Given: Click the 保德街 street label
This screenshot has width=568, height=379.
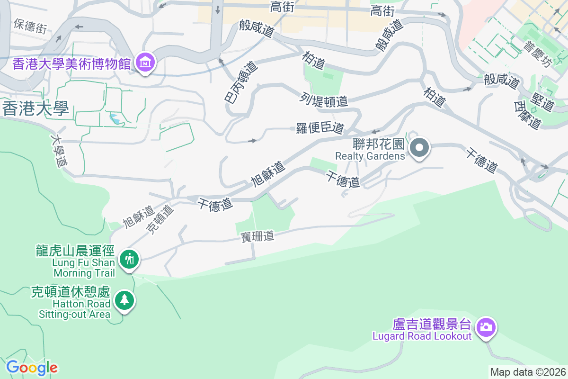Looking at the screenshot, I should [30, 26].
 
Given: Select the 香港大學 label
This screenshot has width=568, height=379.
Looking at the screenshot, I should [35, 108].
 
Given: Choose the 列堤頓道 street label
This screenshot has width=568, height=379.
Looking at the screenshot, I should [324, 100].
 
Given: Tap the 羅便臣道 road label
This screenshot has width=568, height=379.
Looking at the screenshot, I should [320, 128].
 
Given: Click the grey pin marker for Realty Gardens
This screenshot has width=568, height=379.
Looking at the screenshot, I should [419, 148].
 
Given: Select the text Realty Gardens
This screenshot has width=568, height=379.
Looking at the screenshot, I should [370, 156].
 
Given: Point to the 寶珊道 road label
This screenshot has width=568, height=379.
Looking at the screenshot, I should [257, 236].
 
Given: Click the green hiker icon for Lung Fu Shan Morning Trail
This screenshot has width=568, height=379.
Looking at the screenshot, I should [128, 259].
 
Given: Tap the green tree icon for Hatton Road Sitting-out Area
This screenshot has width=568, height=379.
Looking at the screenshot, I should [124, 300].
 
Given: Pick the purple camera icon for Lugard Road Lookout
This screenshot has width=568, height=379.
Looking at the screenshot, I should [485, 327].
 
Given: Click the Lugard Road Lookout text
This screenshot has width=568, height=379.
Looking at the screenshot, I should [422, 336].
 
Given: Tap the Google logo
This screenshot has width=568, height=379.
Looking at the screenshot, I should [32, 367].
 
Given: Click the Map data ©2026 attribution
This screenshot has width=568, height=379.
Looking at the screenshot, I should [528, 372].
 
